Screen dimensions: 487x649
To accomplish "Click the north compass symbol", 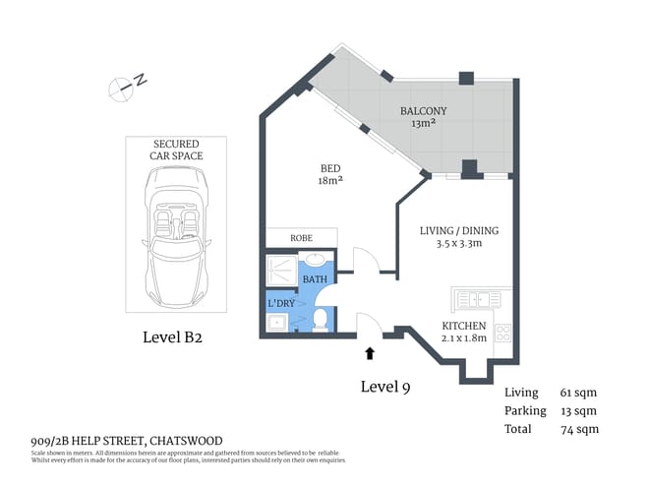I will [x=125, y=86].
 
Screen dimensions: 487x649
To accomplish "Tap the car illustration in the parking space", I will [x=177, y=235].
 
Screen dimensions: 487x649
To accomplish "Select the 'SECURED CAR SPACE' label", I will [x=177, y=149].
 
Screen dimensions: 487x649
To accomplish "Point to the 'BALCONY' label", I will [x=423, y=111].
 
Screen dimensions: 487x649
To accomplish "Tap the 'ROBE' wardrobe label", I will [x=301, y=237].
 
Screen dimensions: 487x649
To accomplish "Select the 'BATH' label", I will [x=315, y=280].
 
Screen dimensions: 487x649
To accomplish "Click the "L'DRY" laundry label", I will [x=281, y=303].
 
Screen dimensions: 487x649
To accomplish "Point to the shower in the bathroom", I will [x=283, y=268].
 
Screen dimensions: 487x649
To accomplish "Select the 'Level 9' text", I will [x=384, y=387].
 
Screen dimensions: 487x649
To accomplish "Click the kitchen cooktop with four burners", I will [x=502, y=332].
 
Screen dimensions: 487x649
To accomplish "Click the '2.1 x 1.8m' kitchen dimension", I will [x=464, y=337].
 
